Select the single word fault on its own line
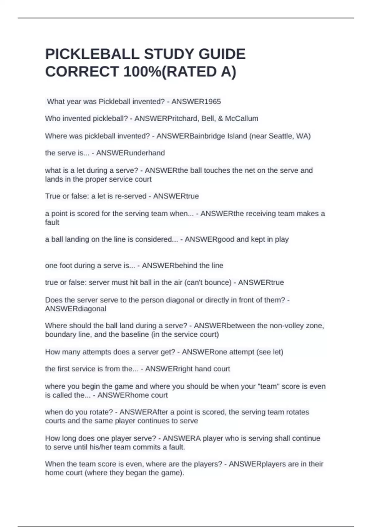tap(52, 223)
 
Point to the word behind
tap(186, 266)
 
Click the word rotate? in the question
tap(100, 412)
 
